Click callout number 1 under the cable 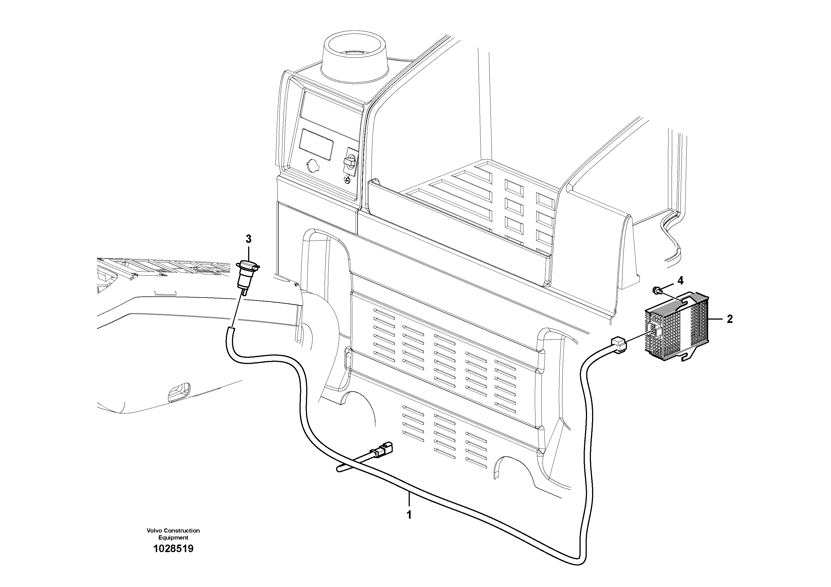(409, 515)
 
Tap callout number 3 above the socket (248, 239)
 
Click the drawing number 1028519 (173, 549)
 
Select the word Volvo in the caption (154, 531)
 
